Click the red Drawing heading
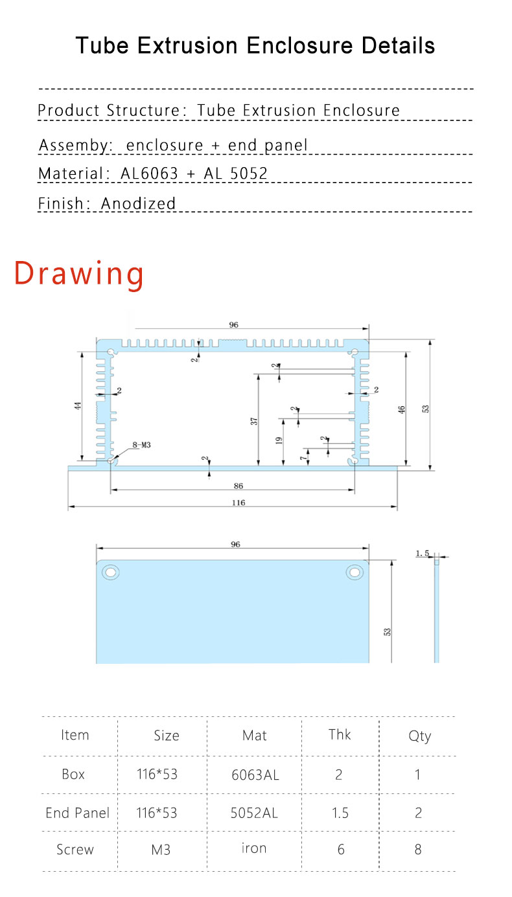(79, 273)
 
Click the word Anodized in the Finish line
(138, 203)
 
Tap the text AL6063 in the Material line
(149, 174)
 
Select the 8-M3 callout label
(141, 445)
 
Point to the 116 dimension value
(239, 503)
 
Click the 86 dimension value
(239, 485)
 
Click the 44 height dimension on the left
(77, 407)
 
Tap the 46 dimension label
(402, 409)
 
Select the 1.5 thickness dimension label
(423, 553)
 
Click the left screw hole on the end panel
(111, 572)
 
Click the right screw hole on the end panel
(355, 572)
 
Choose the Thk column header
(340, 734)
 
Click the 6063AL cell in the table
(255, 775)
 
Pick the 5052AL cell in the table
(254, 813)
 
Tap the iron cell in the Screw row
(254, 848)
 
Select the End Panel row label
(77, 813)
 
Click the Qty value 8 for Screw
(418, 849)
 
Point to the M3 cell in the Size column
(161, 849)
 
